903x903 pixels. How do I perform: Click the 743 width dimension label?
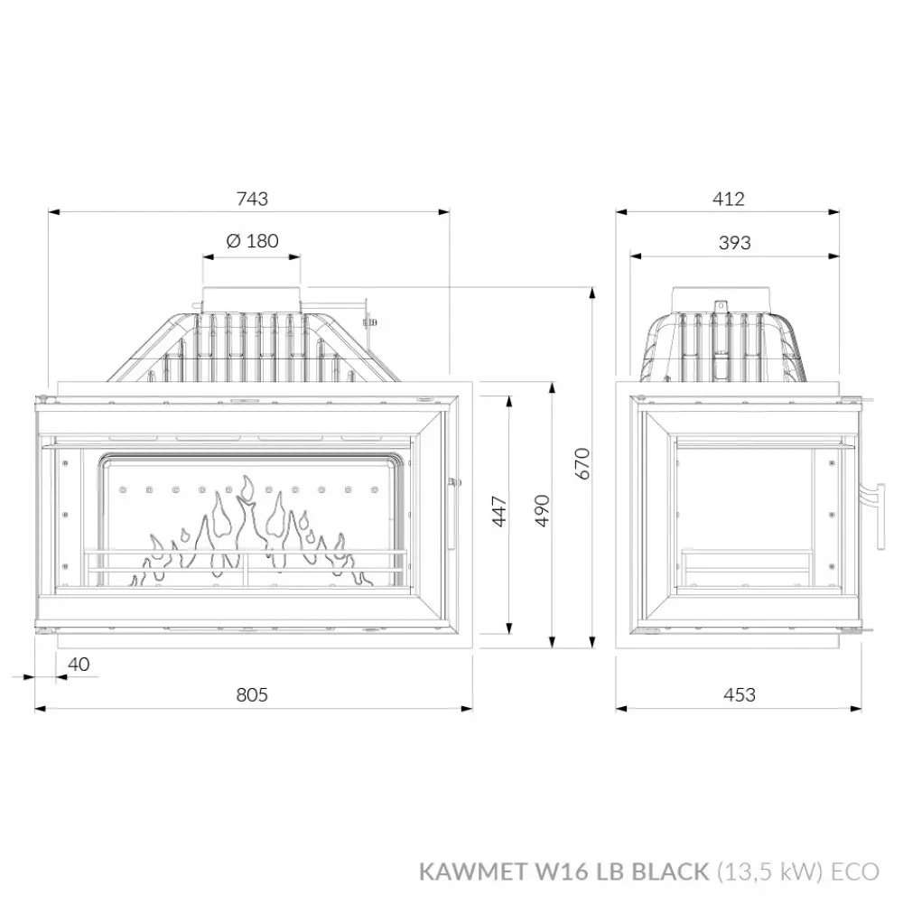252,200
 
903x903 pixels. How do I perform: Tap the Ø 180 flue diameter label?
252,241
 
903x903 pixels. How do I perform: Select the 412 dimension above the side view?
728,200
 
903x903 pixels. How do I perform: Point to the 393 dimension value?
734,243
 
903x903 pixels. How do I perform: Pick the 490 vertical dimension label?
543,511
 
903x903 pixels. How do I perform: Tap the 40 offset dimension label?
79,665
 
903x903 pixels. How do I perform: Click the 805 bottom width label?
252,694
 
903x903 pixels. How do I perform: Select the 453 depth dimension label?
740,694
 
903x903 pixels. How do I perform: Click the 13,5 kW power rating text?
770,871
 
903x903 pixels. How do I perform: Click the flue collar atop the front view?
252,298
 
